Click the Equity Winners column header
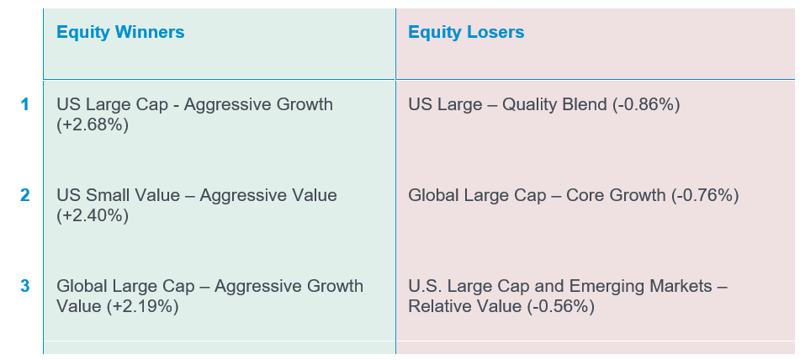(120, 32)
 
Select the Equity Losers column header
(466, 32)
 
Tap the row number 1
(25, 104)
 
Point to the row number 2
(25, 195)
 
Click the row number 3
(25, 286)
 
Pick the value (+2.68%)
(93, 125)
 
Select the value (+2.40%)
(93, 215)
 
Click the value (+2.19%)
(143, 306)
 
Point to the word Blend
(586, 104)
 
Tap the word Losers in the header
(495, 32)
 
